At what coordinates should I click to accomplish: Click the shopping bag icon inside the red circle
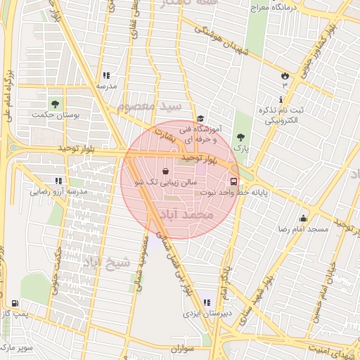click(165, 171)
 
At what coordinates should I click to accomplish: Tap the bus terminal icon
click(233, 179)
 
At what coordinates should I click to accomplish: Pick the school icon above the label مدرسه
click(105, 75)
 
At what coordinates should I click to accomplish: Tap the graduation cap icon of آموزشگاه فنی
click(200, 119)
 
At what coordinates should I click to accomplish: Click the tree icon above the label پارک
click(241, 137)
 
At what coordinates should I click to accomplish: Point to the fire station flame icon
click(285, 75)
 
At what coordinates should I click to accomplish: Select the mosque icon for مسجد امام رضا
click(303, 219)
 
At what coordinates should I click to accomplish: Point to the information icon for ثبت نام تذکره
click(281, 98)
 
